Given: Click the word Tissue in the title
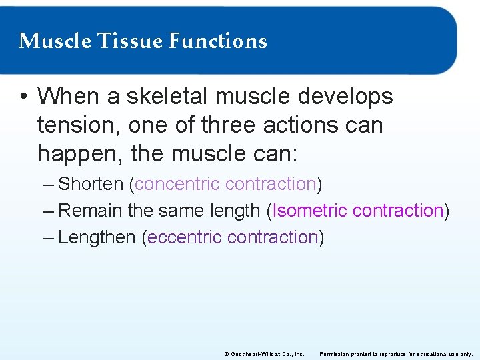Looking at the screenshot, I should pos(131,41).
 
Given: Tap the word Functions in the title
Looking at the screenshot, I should pos(217,41).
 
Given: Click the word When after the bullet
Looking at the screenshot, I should pos(69,97).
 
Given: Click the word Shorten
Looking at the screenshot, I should pos(91,184).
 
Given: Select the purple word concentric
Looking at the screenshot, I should pos(177,184).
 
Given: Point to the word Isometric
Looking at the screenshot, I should pos(310,211).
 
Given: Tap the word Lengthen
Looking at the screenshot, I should pos(97,237).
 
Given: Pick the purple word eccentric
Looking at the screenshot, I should pos(185,237).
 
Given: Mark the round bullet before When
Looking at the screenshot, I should pos(23,97).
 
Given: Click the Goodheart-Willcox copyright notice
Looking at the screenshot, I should pos(265,354).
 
